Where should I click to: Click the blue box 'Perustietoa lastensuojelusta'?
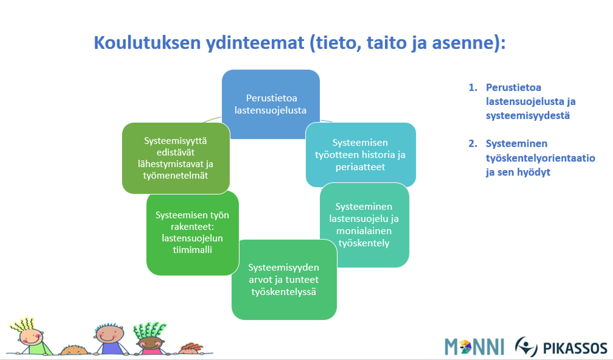pos(270,104)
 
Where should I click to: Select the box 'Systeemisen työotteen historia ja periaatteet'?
pos(360,155)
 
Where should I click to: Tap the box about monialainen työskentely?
pos(364,225)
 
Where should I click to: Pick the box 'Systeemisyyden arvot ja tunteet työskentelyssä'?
pos(284,280)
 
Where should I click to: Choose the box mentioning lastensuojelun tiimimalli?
pos(192,232)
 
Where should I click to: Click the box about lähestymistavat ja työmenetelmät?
pos(176,158)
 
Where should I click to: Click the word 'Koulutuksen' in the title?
pos(147,42)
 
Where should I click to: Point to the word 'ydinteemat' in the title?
pos(255,42)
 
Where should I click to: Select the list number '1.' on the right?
pos(473,87)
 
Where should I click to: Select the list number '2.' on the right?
pos(473,144)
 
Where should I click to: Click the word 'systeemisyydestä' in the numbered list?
pos(528,116)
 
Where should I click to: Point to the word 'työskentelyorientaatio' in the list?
pos(540,158)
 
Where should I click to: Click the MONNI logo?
pos(474,347)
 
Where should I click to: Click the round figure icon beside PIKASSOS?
pos(526,346)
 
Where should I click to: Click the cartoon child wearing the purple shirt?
pos(110,339)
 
